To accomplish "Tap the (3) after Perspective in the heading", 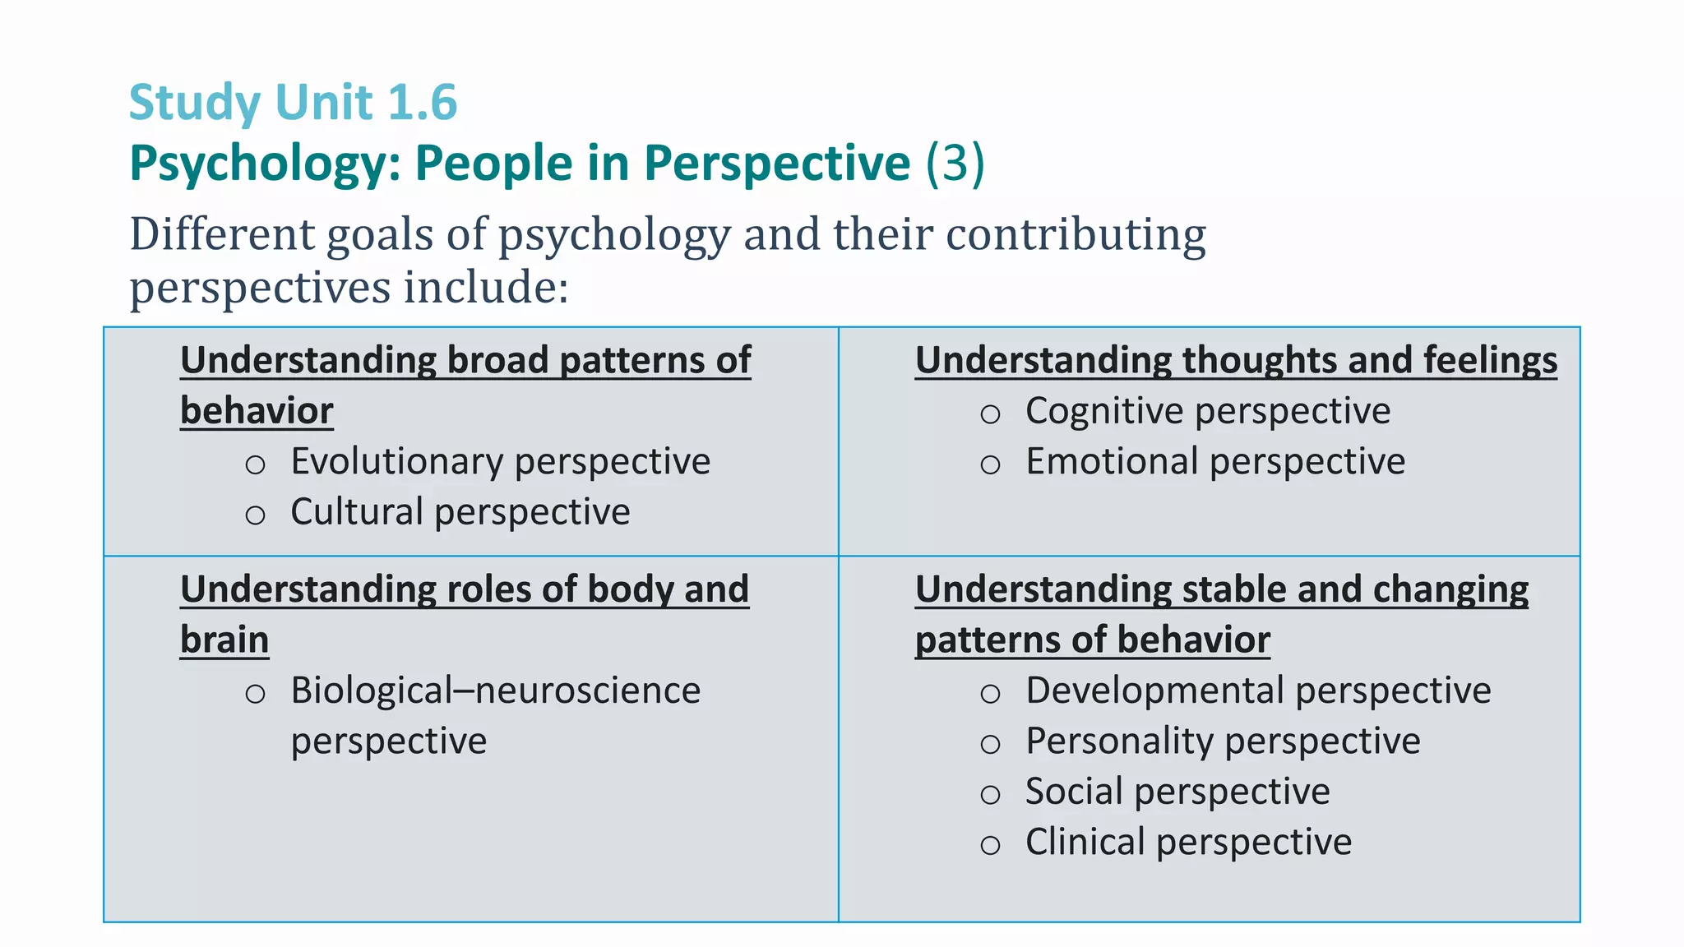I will (955, 163).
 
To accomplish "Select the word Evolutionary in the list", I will (396, 461).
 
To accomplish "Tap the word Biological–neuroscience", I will (495, 691).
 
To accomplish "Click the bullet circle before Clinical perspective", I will (990, 845).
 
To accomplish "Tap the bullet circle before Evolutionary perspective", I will (255, 465).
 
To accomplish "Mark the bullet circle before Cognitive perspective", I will (990, 414).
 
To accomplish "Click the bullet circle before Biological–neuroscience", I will (255, 694).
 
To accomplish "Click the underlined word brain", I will (224, 640).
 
